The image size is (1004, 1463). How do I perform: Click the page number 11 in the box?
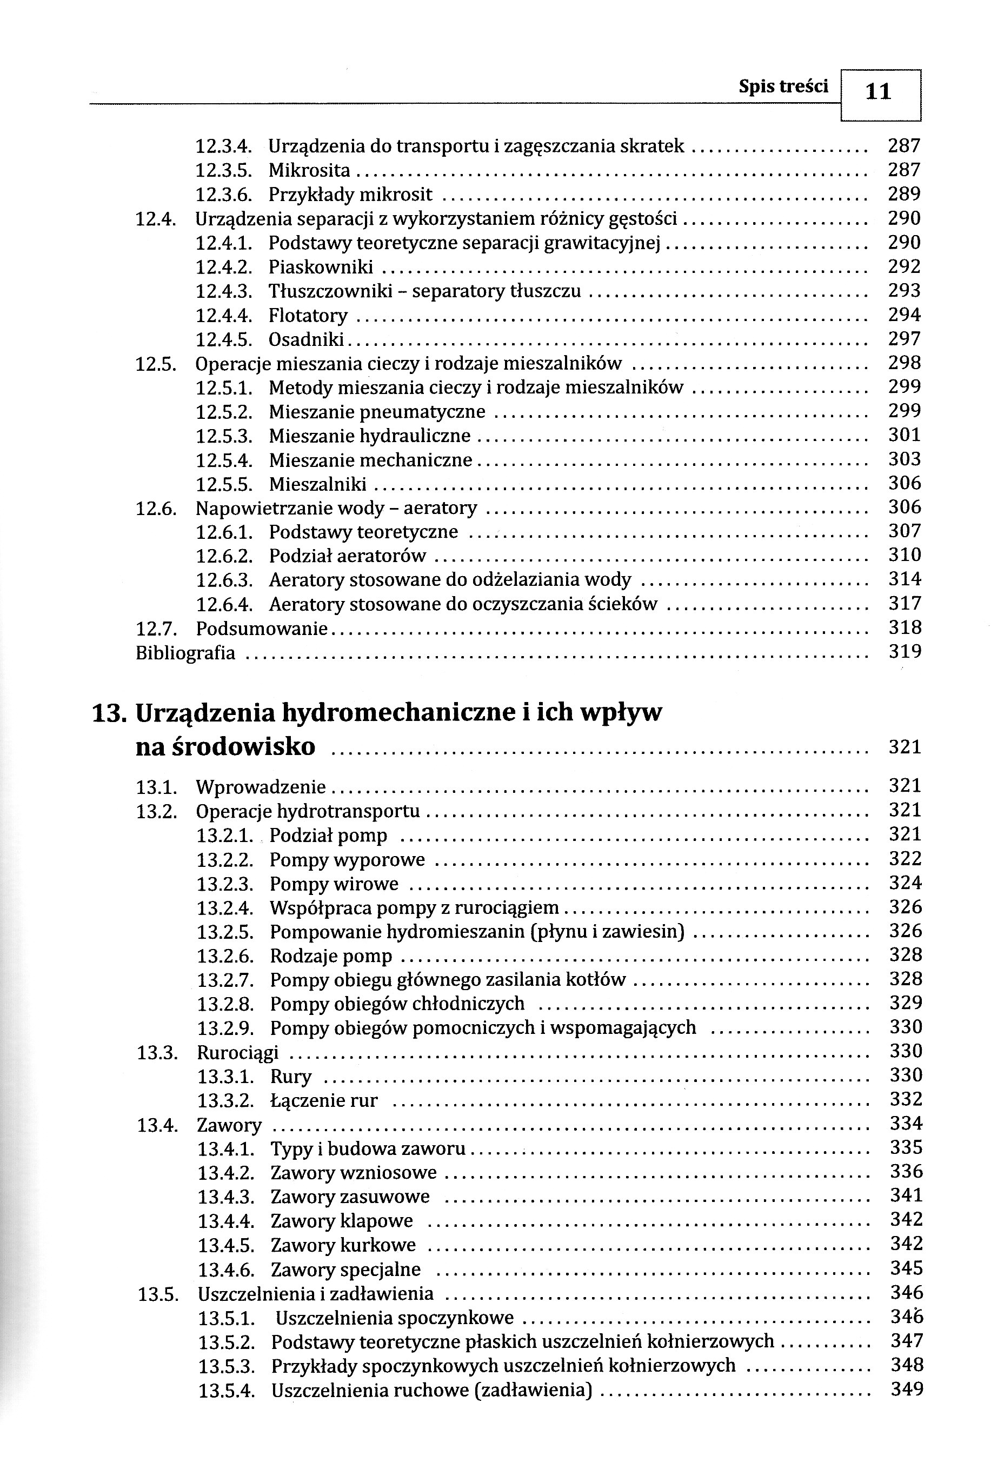pyautogui.click(x=879, y=92)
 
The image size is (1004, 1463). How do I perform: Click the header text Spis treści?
pyautogui.click(x=783, y=87)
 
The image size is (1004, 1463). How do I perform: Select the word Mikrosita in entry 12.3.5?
pyautogui.click(x=309, y=170)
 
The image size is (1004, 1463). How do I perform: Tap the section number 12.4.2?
pyautogui.click(x=224, y=267)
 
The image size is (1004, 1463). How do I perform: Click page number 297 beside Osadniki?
pyautogui.click(x=905, y=339)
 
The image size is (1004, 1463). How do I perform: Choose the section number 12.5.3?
pyautogui.click(x=224, y=436)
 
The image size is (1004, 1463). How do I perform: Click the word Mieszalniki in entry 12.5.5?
pyautogui.click(x=317, y=484)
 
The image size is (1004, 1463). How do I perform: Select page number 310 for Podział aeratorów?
pyautogui.click(x=905, y=555)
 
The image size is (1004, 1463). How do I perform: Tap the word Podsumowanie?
pyautogui.click(x=262, y=628)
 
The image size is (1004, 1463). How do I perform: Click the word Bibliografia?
pyautogui.click(x=185, y=653)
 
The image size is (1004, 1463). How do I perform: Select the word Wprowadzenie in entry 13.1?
pyautogui.click(x=261, y=787)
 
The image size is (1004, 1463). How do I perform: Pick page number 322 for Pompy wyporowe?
pyautogui.click(x=905, y=859)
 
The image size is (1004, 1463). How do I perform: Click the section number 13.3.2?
pyautogui.click(x=225, y=1100)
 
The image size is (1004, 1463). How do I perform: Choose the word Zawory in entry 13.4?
pyautogui.click(x=229, y=1125)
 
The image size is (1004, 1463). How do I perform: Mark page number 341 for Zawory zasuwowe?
pyautogui.click(x=906, y=1195)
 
